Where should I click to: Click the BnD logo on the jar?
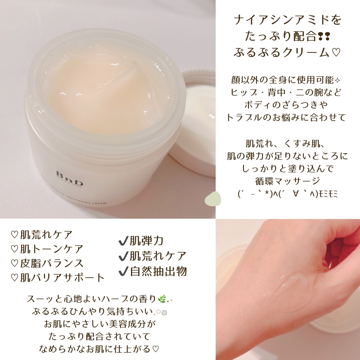pyautogui.click(x=69, y=178)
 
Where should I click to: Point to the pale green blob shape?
pyautogui.click(x=213, y=199)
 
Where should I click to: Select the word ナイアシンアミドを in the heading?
pyautogui.click(x=288, y=20)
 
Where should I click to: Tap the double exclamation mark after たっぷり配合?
pyautogui.click(x=324, y=36)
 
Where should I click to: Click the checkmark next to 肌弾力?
pyautogui.click(x=123, y=241)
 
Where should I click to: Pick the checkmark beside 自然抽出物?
pyautogui.click(x=123, y=271)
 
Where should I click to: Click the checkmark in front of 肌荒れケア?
pyautogui.click(x=123, y=256)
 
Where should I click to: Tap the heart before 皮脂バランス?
pyautogui.click(x=14, y=263)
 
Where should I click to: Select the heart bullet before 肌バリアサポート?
pyautogui.click(x=14, y=278)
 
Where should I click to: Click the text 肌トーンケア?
pyautogui.click(x=51, y=249)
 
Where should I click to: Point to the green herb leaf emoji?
pyautogui.click(x=162, y=299)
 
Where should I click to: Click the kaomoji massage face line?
pyautogui.click(x=288, y=194)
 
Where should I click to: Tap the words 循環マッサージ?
pyautogui.click(x=288, y=181)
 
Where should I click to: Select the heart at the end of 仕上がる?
pyautogui.click(x=155, y=349)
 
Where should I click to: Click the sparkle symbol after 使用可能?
pyautogui.click(x=337, y=80)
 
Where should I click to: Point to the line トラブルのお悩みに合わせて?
pyautogui.click(x=286, y=117)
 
